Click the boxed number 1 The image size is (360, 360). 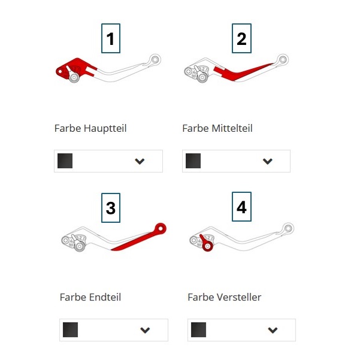(x=111, y=38)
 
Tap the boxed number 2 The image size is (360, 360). (x=241, y=38)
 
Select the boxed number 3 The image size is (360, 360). (x=111, y=208)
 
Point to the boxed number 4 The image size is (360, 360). (x=241, y=207)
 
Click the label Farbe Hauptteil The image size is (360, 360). (x=90, y=128)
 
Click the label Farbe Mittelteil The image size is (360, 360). (x=217, y=128)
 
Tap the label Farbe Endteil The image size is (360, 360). (x=90, y=297)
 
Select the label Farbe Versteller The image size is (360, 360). (x=224, y=297)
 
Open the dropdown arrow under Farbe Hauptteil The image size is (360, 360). (x=140, y=161)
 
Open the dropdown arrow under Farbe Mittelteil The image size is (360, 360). (x=268, y=161)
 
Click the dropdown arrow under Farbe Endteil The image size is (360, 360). (x=145, y=330)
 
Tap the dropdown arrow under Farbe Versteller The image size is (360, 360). (x=273, y=330)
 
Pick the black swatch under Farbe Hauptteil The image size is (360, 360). (x=65, y=161)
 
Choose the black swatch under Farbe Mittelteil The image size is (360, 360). (x=193, y=161)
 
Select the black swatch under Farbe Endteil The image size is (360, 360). (x=70, y=329)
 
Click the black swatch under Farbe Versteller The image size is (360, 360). (x=198, y=329)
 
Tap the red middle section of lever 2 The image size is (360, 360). (x=239, y=72)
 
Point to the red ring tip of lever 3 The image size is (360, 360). (x=161, y=229)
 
